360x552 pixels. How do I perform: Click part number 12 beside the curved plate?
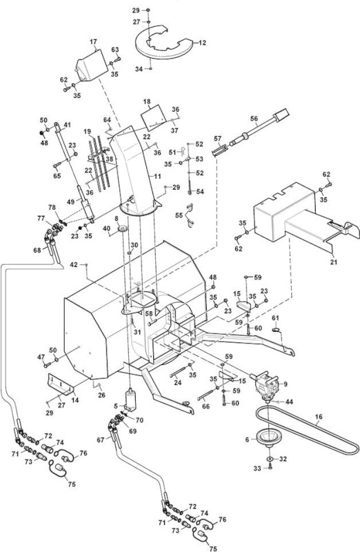[x=202, y=43]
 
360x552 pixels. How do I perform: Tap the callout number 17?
[x=93, y=42]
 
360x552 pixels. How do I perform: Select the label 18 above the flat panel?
[x=147, y=101]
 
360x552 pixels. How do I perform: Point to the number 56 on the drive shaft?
[x=254, y=119]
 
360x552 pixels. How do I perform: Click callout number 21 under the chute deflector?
[x=334, y=262]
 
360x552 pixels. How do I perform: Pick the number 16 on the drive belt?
[x=319, y=417]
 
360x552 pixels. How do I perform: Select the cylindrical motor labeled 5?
[x=131, y=400]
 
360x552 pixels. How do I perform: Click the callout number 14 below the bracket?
[x=75, y=400]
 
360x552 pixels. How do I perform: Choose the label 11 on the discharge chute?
[x=157, y=176]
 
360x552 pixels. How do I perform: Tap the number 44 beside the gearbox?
[x=289, y=402]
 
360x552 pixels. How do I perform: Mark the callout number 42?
[x=74, y=264]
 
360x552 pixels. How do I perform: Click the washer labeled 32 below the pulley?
[x=270, y=459]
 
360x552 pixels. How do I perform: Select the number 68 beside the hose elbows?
[x=37, y=250]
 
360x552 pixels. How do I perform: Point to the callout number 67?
[x=101, y=440]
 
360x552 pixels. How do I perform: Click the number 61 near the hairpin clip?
[x=276, y=318]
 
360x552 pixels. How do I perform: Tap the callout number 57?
[x=218, y=139]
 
